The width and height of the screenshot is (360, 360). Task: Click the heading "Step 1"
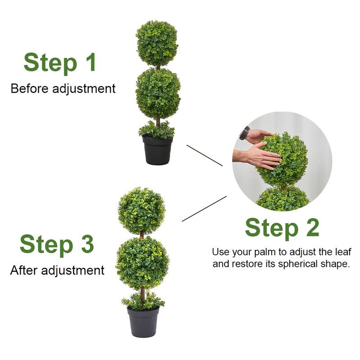click(60, 63)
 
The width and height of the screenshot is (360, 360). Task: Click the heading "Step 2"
click(282, 227)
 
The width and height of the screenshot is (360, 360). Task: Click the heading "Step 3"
click(57, 244)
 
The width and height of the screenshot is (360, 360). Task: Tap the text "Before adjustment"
click(63, 88)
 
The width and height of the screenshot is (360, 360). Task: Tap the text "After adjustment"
click(57, 270)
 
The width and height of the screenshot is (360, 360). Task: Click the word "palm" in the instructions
click(267, 252)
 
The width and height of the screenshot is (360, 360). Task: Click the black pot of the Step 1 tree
click(157, 151)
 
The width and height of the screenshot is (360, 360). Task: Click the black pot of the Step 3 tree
click(143, 322)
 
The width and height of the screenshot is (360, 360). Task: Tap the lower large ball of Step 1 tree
click(158, 94)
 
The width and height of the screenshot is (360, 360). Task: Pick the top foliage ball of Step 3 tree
click(141, 211)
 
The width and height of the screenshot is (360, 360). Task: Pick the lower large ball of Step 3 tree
click(143, 263)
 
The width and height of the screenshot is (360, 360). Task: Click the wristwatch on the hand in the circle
click(244, 133)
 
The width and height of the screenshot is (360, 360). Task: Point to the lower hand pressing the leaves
click(259, 157)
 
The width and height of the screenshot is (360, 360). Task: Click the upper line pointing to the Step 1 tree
click(204, 155)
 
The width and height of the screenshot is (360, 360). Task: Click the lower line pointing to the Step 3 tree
click(204, 209)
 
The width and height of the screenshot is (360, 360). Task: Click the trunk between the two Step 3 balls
click(142, 235)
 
